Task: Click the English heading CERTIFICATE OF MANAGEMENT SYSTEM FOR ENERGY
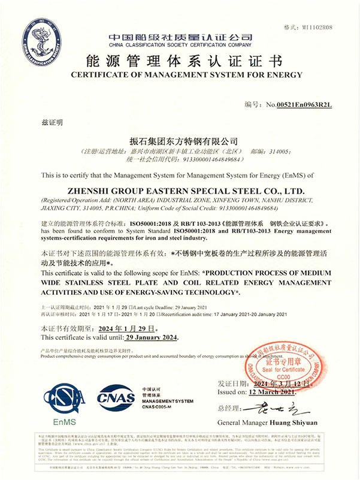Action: click(180, 75)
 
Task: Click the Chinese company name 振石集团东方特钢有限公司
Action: click(180, 141)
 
